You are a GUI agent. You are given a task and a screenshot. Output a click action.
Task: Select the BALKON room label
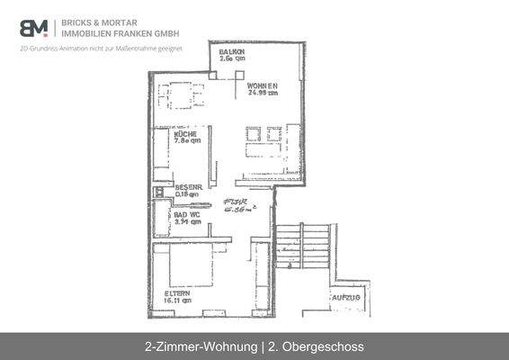coord(232,52)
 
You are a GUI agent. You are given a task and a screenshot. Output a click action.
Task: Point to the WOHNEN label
coord(263,85)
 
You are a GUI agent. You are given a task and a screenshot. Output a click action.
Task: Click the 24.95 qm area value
coord(263,93)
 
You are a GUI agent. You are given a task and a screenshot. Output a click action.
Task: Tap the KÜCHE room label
coord(174,133)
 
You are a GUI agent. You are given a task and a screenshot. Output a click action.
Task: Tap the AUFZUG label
coord(345,297)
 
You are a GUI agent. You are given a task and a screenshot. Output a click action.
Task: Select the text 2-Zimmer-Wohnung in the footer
coord(197,346)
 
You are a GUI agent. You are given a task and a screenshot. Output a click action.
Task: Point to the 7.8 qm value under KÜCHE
coord(174,141)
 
